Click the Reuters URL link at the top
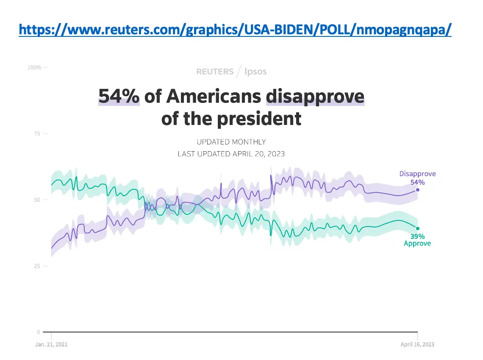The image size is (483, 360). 235,30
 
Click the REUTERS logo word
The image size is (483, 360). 215,72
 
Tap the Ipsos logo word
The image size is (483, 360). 256,72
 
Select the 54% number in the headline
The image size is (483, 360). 119,96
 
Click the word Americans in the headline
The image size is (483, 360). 213,96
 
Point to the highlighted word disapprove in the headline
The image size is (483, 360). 315,96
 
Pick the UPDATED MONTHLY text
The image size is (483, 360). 231,142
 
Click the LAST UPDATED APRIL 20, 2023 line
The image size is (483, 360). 231,154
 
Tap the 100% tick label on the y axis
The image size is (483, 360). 34,67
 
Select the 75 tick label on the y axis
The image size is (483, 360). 37,134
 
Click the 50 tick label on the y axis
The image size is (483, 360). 37,200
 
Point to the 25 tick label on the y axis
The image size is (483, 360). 37,266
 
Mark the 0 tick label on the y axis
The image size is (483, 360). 39,332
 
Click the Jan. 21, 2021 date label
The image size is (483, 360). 51,344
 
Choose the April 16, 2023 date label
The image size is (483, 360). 417,344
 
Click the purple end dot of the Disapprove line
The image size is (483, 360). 418,190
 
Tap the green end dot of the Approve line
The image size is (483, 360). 418,228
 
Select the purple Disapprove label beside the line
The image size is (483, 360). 417,174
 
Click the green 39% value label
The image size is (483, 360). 417,236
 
